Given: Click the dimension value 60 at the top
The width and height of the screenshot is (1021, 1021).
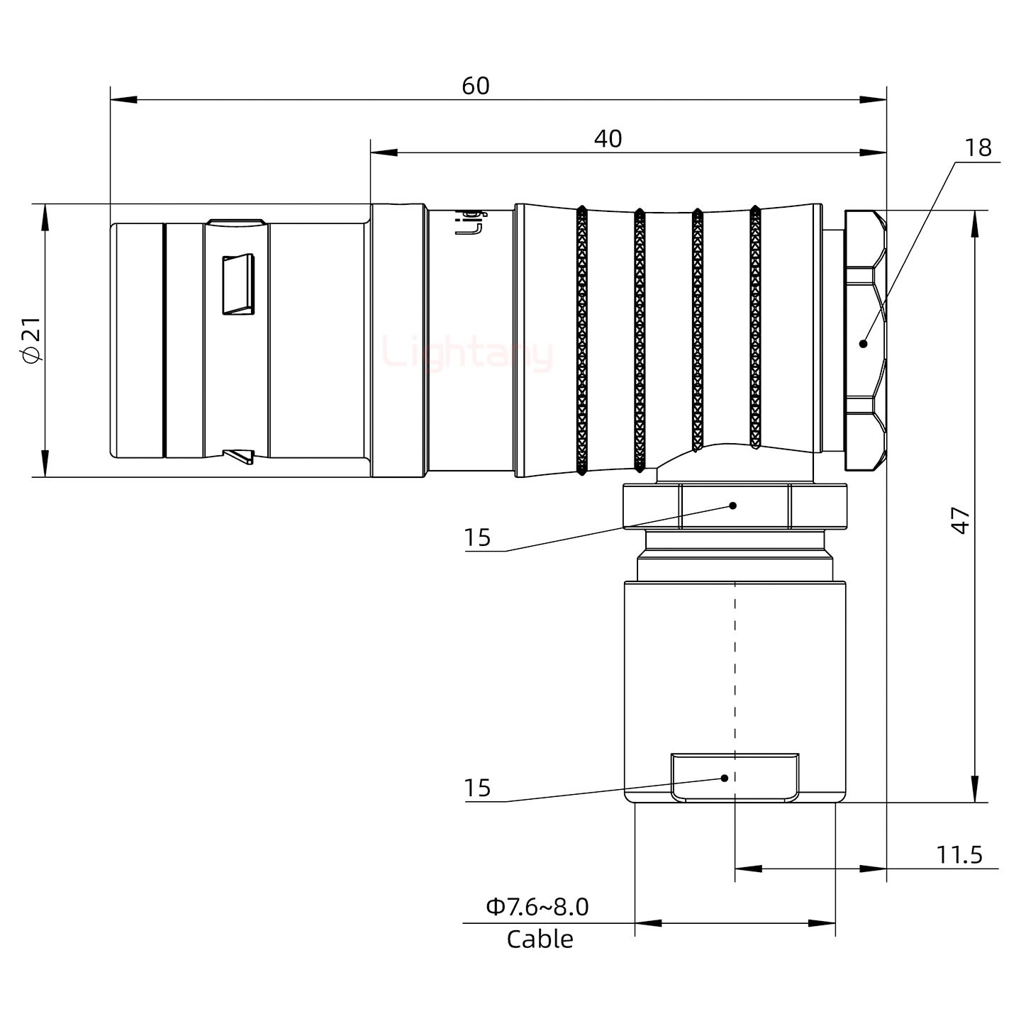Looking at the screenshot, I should pos(475,86).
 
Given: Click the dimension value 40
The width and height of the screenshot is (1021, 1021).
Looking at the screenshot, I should pos(608,139).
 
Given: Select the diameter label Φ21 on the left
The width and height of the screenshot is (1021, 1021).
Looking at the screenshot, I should pos(33,340).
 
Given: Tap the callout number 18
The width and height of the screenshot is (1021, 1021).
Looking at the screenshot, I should pos(978,147).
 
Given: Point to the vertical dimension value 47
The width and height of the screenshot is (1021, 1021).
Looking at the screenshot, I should pos(960,520).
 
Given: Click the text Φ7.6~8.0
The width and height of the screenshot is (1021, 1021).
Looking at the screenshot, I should pos(537,907).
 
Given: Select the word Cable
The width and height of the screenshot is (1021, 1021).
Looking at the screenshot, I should pos(540,939).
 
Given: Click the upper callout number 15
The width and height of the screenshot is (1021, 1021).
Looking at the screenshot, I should pos(477,538).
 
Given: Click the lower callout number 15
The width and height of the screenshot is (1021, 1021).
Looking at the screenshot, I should pos(477,788).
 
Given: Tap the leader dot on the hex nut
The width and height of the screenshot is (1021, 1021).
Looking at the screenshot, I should pos(863,344).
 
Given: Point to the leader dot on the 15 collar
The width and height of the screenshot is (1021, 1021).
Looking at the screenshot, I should pos(733,506).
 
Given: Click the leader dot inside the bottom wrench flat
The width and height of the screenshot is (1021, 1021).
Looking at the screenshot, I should pos(725,778).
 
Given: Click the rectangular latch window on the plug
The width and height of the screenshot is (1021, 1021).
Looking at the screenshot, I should pos(238,284).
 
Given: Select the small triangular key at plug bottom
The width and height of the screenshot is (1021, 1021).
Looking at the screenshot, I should pos(239,456).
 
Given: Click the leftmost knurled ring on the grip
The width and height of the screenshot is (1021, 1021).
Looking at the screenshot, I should pos(581,340).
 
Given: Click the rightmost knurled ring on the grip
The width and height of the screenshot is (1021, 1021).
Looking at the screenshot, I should pos(755,328).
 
